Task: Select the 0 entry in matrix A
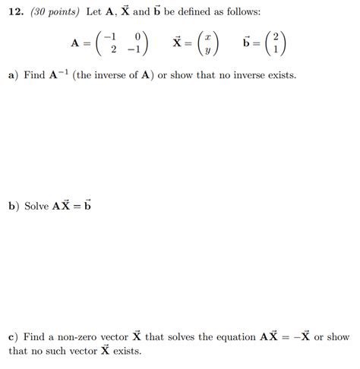(136, 36)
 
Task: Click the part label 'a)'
(13, 77)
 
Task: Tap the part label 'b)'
(14, 207)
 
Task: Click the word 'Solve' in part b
(36, 207)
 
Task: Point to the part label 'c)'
(13, 336)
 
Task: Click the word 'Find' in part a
(35, 77)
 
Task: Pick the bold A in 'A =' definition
(75, 43)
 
